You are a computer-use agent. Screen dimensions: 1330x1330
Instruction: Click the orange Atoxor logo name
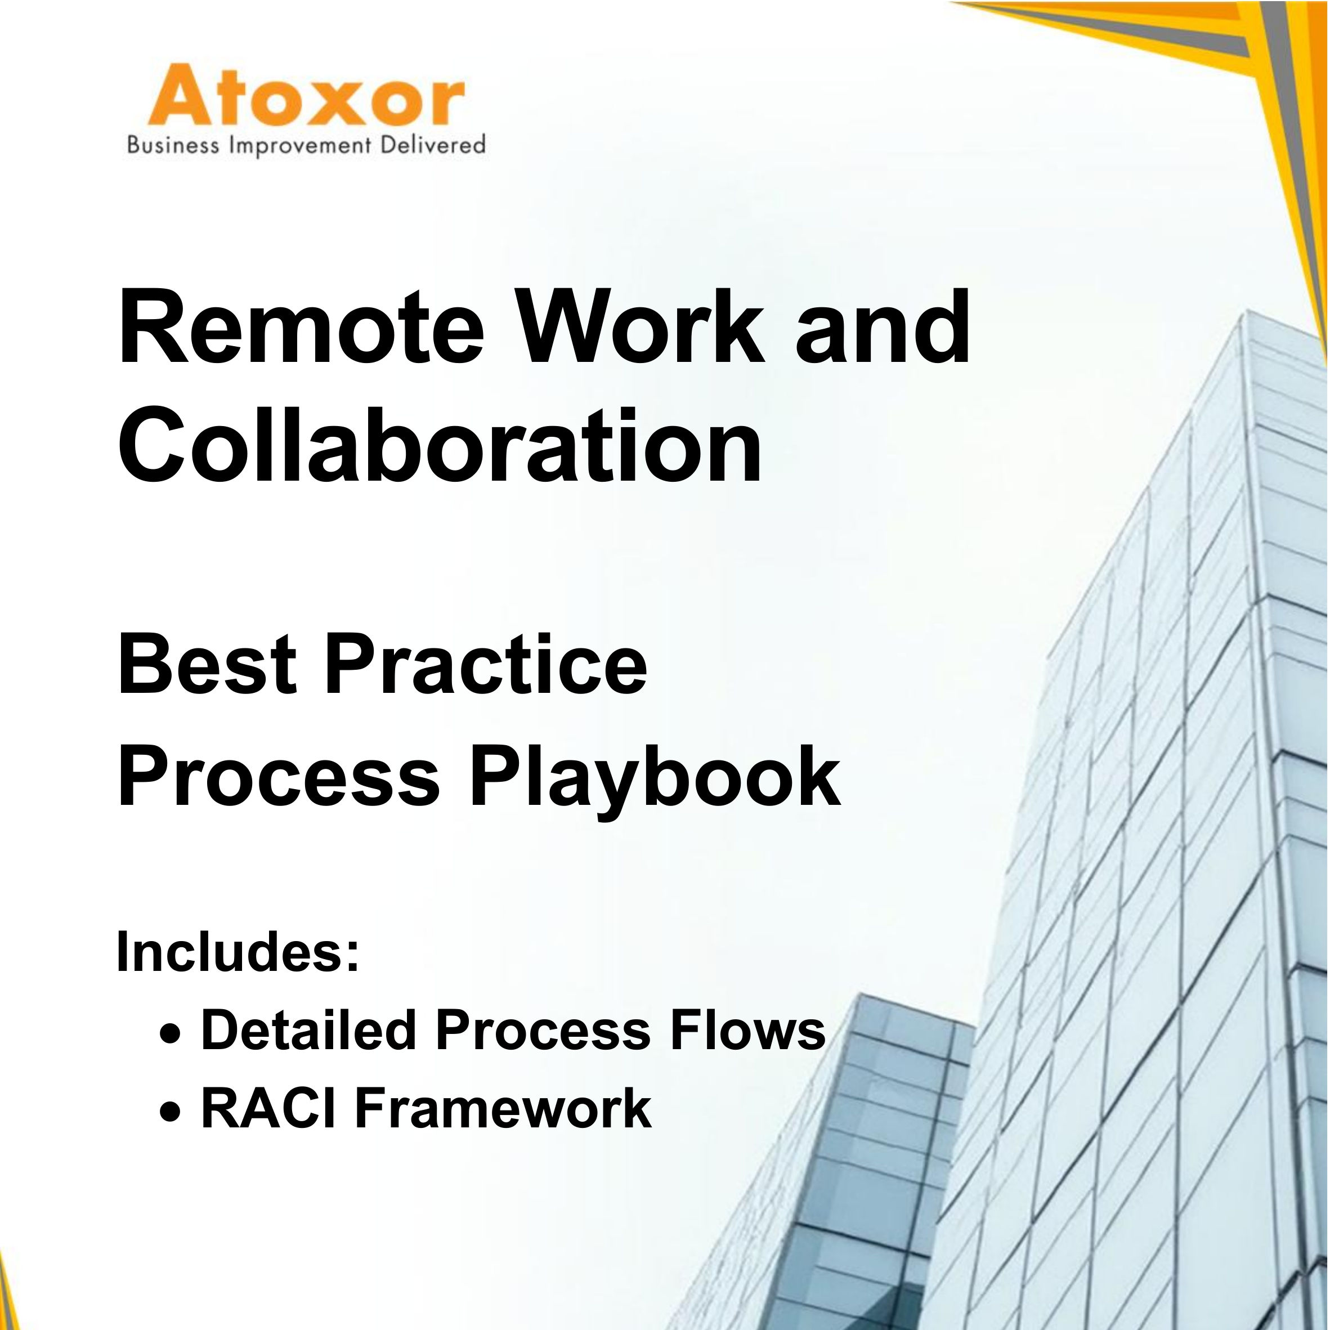click(x=306, y=95)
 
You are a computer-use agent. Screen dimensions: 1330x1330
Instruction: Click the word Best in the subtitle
click(x=207, y=666)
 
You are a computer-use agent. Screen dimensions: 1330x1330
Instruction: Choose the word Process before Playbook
click(x=279, y=780)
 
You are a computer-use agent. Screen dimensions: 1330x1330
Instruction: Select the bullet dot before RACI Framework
click(x=172, y=1111)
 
